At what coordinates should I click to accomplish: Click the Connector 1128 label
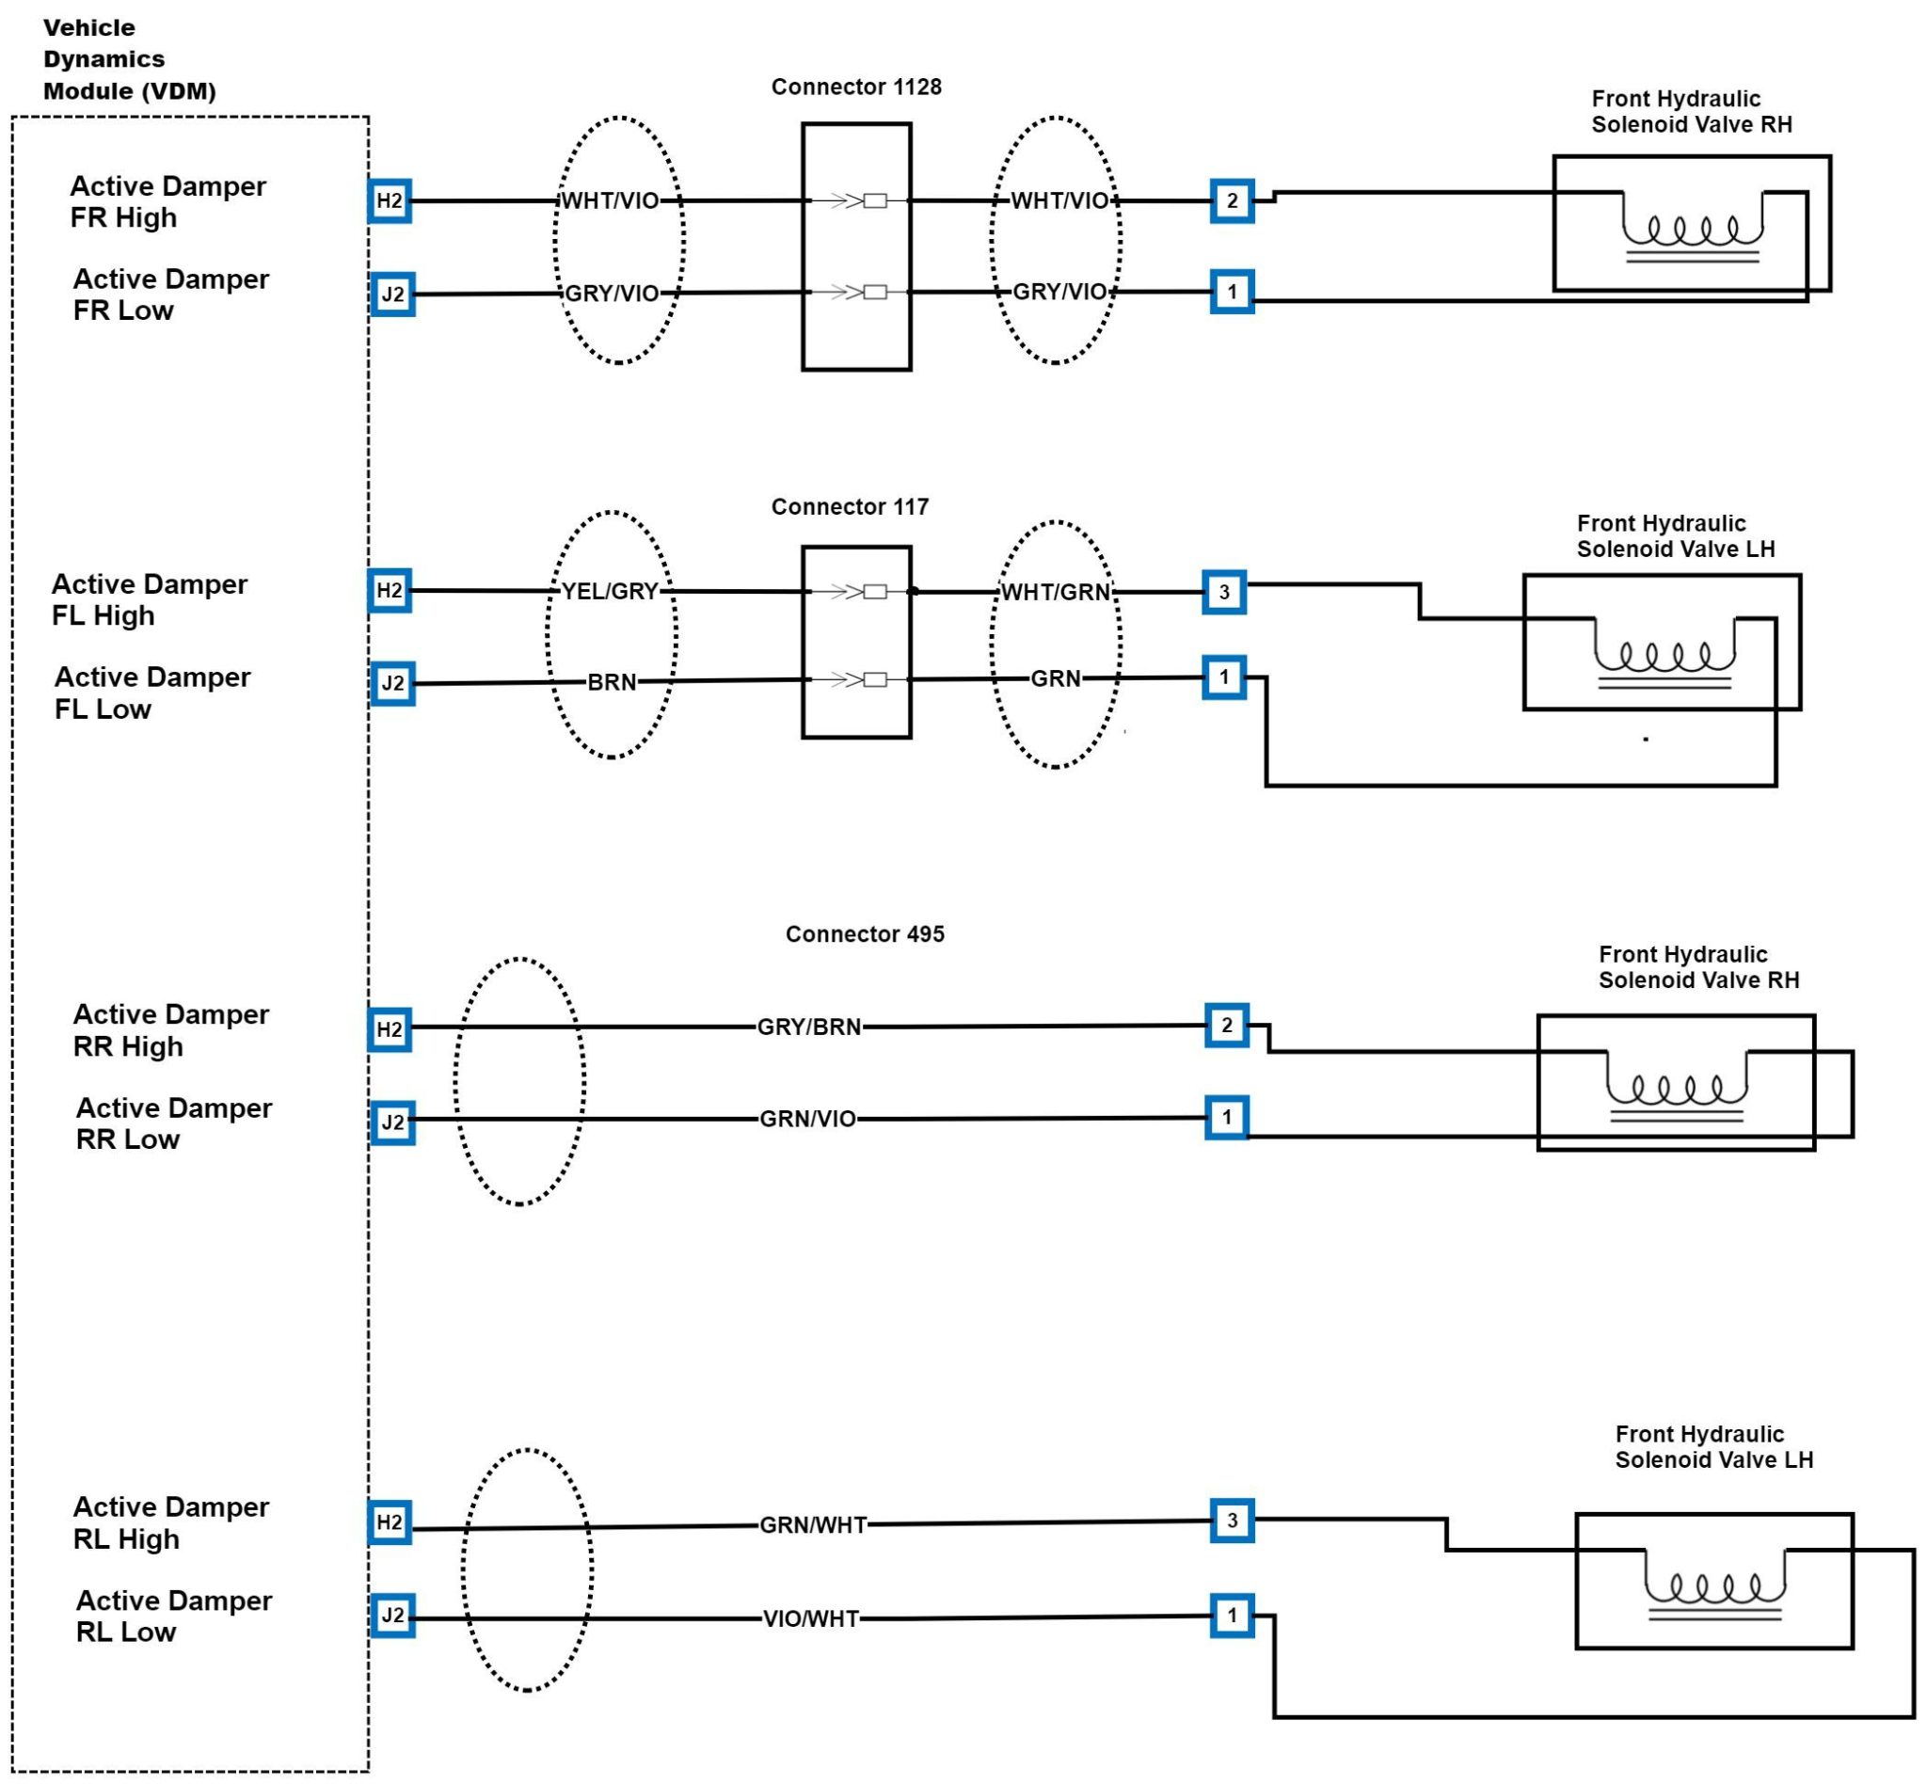pos(855,87)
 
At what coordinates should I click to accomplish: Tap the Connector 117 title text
pos(849,507)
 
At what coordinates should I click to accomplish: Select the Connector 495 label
pos(864,933)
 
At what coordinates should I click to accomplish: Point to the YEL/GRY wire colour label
pos(609,591)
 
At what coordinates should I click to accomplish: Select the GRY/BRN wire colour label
pos(808,1027)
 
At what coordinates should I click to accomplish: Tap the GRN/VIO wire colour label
pos(807,1118)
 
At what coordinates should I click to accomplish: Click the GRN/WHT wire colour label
pos(812,1524)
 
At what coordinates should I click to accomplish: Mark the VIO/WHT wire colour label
pos(810,1619)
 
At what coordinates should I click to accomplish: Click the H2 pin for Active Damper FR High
pos(390,200)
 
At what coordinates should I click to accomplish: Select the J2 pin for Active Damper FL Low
pos(393,683)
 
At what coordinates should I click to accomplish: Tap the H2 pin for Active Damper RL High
pos(390,1522)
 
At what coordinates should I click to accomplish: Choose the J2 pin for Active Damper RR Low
pos(393,1122)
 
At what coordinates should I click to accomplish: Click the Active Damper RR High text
pos(171,1030)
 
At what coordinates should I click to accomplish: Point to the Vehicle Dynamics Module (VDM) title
pos(128,59)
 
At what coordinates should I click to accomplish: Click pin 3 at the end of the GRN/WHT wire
pos(1232,1521)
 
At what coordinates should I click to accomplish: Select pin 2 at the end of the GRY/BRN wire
pos(1226,1025)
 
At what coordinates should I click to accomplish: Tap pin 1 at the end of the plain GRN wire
pos(1224,677)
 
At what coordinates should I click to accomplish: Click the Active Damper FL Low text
pos(151,693)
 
